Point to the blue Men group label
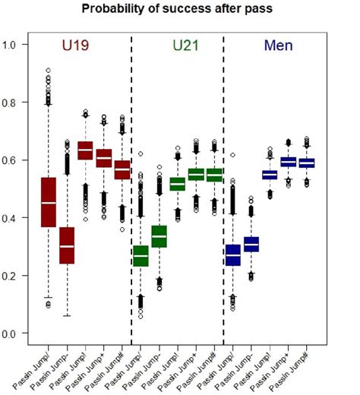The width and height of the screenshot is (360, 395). coord(279,46)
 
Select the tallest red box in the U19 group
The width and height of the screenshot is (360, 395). coord(49,202)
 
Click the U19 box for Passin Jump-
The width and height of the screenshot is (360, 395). coord(67,245)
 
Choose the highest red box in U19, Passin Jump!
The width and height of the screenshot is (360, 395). coord(85,150)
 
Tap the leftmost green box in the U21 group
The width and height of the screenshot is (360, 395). coord(141,256)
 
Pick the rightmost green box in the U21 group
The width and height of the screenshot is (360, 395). coord(215,175)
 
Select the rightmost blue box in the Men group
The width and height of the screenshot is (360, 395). coord(307,163)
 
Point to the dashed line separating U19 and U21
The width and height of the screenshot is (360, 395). coord(131,190)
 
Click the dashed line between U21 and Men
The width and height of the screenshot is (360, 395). coord(223,190)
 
